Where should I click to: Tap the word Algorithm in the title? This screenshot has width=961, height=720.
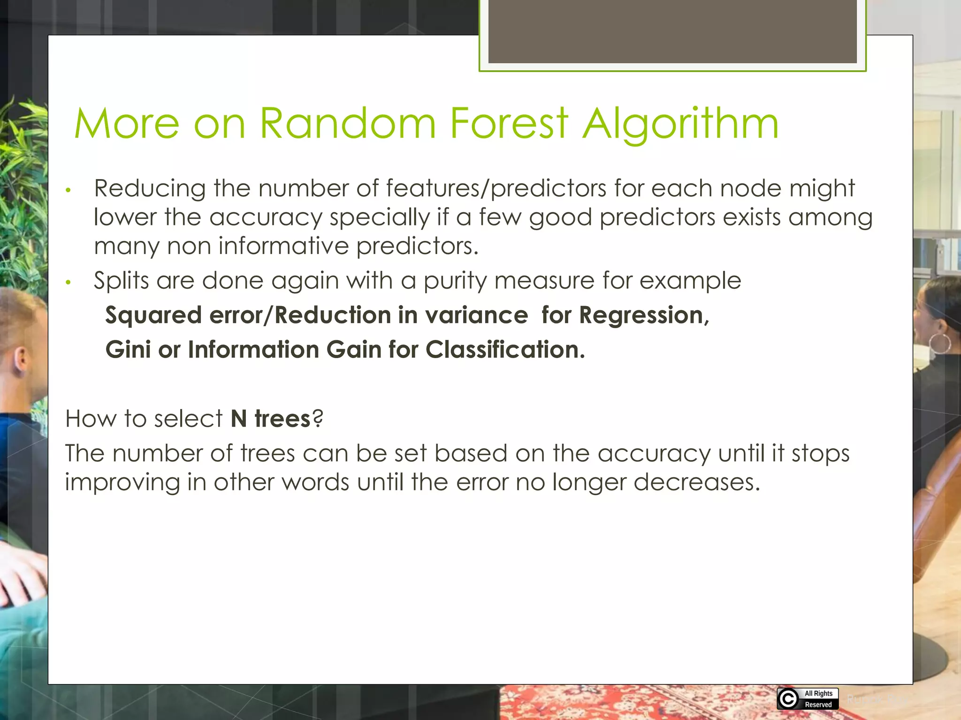pos(680,124)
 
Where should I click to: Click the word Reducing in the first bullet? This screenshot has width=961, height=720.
pos(150,189)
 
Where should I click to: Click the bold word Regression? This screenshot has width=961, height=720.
pos(644,315)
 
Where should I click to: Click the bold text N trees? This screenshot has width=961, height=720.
pos(271,418)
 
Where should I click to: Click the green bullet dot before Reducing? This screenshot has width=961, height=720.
pos(68,190)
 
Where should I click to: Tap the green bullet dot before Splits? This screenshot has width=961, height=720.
pos(68,282)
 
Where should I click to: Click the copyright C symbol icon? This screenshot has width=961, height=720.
pos(788,699)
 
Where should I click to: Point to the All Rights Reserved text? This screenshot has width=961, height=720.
pos(818,699)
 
